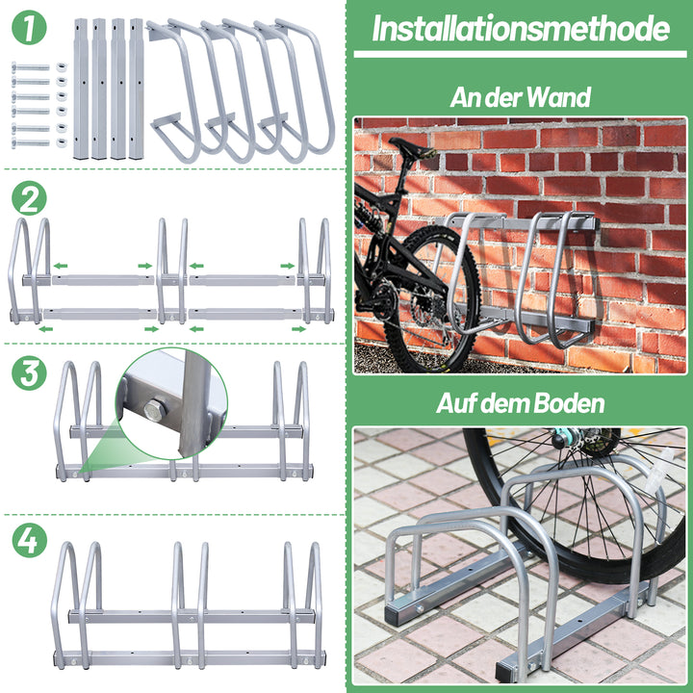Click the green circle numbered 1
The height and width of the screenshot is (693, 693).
[29, 27]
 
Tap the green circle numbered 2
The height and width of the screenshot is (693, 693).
[29, 198]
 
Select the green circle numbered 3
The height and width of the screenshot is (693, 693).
[29, 373]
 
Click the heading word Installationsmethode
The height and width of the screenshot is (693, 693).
[521, 28]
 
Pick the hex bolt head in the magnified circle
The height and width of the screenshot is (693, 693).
[155, 410]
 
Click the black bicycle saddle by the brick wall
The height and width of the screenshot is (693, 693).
[412, 148]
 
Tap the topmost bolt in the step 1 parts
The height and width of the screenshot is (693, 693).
[31, 67]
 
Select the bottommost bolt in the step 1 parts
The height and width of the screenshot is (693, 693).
[31, 142]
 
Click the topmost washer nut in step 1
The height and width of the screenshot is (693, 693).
[62, 67]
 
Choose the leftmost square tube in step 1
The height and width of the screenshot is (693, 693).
[81, 89]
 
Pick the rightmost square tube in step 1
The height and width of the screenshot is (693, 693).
[137, 89]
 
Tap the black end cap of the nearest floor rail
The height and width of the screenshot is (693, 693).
[503, 672]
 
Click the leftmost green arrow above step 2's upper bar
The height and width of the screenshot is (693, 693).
[61, 266]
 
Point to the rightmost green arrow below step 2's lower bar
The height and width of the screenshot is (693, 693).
[298, 329]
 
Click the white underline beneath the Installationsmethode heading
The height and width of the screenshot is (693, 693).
[520, 54]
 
